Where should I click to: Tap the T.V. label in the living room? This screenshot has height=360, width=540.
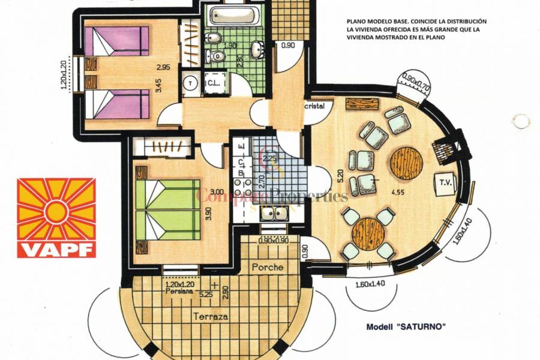pyautogui.click(x=446, y=182)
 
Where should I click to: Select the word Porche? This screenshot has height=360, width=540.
pyautogui.click(x=268, y=266)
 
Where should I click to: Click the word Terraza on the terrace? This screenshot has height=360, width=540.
pyautogui.click(x=211, y=316)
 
